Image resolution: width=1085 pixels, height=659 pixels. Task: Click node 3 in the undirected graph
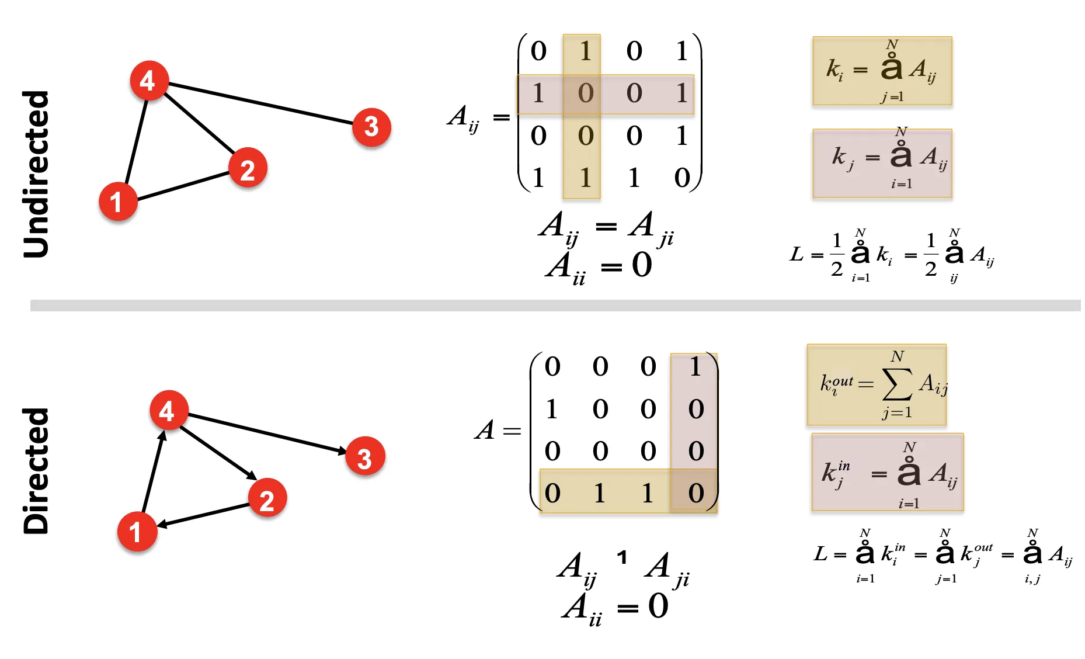tap(371, 127)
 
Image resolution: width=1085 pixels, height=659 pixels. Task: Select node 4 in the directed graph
tap(169, 410)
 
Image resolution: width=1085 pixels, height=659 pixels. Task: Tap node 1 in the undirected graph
tap(118, 202)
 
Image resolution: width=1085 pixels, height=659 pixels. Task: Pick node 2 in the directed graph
tap(267, 498)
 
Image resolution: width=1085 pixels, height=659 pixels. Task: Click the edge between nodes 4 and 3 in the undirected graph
tap(260, 104)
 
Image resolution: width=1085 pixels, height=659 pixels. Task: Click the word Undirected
tap(36, 174)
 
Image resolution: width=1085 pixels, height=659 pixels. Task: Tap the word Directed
tap(36, 470)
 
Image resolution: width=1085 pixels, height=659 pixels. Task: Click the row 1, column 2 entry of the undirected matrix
tap(585, 51)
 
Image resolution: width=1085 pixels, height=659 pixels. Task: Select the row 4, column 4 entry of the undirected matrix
tap(681, 178)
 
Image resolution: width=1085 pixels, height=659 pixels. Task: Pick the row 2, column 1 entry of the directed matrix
tap(552, 409)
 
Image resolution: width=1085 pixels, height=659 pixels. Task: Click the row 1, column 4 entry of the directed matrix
tap(695, 367)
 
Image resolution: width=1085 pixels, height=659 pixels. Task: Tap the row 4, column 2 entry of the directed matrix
tap(600, 494)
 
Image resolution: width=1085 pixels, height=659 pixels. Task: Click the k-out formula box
tap(876, 384)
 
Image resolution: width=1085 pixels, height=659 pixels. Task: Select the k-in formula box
tap(887, 472)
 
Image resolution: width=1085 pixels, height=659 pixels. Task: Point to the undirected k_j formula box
tap(882, 163)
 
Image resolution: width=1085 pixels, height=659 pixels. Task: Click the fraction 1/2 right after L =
tap(837, 255)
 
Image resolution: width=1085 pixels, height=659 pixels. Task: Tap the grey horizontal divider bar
tap(555, 306)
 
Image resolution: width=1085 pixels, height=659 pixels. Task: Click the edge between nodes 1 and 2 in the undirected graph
tap(183, 186)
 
